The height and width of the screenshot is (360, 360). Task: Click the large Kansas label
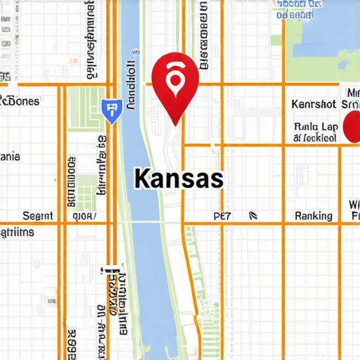(x=178, y=179)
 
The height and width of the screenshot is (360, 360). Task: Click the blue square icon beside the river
(x=110, y=110)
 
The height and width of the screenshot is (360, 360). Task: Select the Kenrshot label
(x=314, y=104)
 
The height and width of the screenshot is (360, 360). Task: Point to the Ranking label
(x=314, y=216)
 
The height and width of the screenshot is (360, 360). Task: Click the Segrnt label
(x=38, y=216)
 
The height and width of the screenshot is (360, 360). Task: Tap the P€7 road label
(x=221, y=216)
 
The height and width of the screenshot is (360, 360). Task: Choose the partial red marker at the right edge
(x=352, y=127)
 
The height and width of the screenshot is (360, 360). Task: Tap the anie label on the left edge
(x=10, y=157)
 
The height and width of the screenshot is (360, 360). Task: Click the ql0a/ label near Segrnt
(x=81, y=216)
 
